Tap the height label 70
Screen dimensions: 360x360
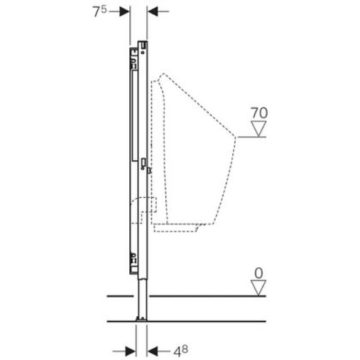[259, 113]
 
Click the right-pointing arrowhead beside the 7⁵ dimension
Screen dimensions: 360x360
[125, 12]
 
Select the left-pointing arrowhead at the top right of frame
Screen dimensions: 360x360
[153, 12]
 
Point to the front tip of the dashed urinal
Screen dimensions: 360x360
[235, 137]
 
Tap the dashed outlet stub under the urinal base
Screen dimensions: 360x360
[177, 227]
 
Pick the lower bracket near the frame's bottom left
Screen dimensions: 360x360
[133, 258]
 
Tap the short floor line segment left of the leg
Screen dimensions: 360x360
[120, 295]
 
